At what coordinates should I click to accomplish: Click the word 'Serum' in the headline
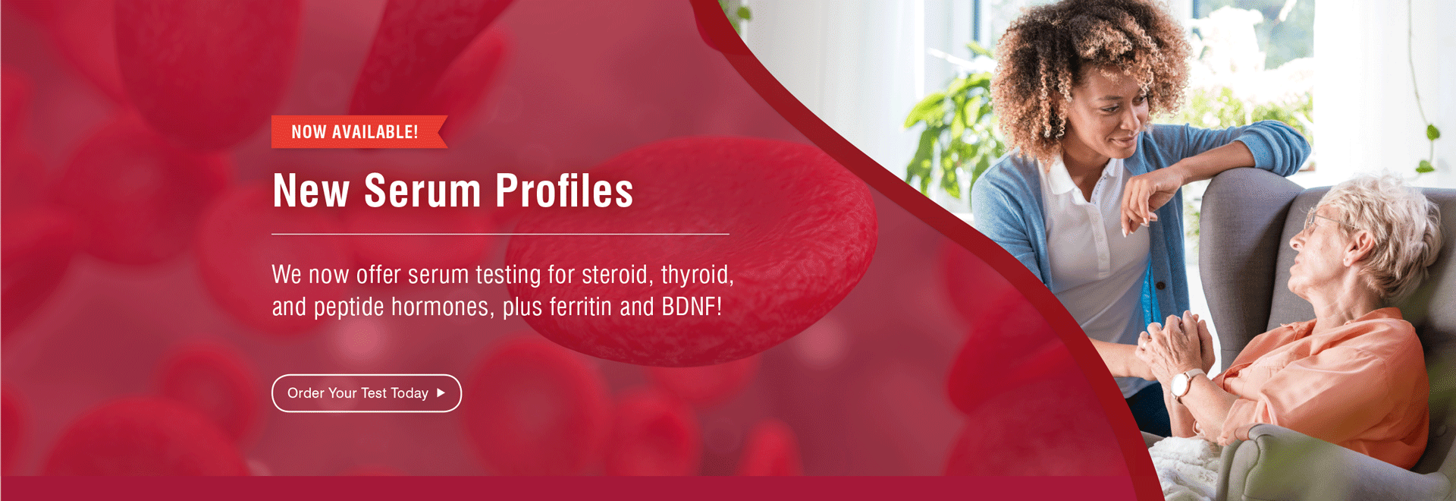point(422,191)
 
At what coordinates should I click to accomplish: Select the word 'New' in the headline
point(311,191)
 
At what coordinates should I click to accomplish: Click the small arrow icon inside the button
point(441,392)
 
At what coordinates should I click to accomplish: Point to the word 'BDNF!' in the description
point(692,307)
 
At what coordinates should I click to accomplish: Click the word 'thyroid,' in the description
point(697,275)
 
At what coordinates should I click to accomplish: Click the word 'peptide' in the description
point(349,307)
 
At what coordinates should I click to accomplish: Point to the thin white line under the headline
point(500,235)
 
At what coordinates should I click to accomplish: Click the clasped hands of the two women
point(1172,345)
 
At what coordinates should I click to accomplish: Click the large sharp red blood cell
point(690,250)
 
